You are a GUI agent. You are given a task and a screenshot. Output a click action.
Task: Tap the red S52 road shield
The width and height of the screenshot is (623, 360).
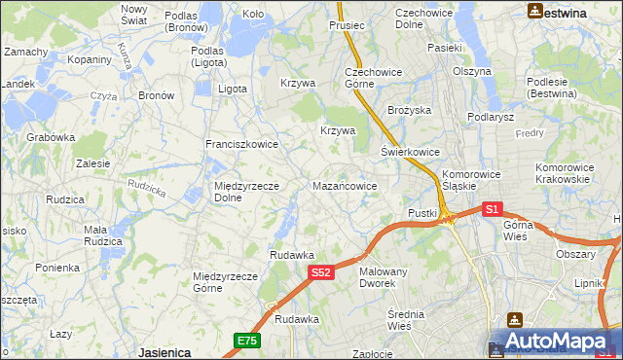pos(323,274)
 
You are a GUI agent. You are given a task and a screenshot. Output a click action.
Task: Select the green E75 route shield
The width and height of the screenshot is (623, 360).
pos(246,340)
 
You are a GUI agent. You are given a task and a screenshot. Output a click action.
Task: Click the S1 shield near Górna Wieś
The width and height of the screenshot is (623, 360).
pos(492,209)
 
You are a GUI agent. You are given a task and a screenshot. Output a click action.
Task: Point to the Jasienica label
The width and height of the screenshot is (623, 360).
pos(163,352)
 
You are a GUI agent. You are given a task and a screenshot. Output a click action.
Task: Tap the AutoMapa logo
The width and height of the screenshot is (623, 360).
pos(555,342)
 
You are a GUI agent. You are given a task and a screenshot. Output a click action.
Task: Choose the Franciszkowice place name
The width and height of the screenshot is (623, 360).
pos(241,144)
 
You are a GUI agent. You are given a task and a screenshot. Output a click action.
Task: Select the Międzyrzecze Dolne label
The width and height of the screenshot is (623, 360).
pos(246,192)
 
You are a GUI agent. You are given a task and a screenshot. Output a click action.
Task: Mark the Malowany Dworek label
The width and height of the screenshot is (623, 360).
pos(383,277)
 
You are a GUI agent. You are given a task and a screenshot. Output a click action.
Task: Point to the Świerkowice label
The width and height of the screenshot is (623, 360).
pos(410,153)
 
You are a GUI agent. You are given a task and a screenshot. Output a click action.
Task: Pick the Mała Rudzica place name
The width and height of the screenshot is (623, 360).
pos(102,235)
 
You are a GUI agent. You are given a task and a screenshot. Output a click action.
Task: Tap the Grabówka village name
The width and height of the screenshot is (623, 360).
pos(52,137)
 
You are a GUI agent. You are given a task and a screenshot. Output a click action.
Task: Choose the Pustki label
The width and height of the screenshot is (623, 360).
pos(422,213)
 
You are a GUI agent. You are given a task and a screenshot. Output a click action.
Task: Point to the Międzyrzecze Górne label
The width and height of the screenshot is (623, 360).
pos(226,282)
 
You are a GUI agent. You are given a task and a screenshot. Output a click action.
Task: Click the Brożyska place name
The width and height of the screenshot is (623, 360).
pos(409,111)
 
